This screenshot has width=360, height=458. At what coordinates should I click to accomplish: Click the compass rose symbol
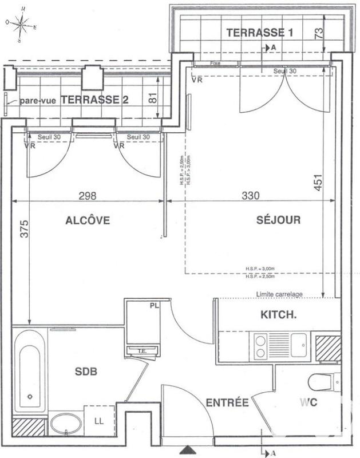22,24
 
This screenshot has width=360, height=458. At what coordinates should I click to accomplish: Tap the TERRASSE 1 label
260,33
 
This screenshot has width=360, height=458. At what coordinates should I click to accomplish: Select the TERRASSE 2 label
94,99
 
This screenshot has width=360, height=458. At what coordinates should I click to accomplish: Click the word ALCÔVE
87,220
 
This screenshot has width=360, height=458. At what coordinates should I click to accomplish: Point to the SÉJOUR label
279,220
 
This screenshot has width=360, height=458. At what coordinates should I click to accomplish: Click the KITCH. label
279,314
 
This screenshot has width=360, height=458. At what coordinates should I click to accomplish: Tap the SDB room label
86,372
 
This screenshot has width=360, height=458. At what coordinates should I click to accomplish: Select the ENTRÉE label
227,403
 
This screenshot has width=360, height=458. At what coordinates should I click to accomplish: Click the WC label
307,403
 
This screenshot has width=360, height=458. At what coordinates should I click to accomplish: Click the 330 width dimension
250,195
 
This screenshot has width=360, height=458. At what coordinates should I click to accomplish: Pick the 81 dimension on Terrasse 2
153,98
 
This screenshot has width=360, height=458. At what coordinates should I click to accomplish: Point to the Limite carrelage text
279,294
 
